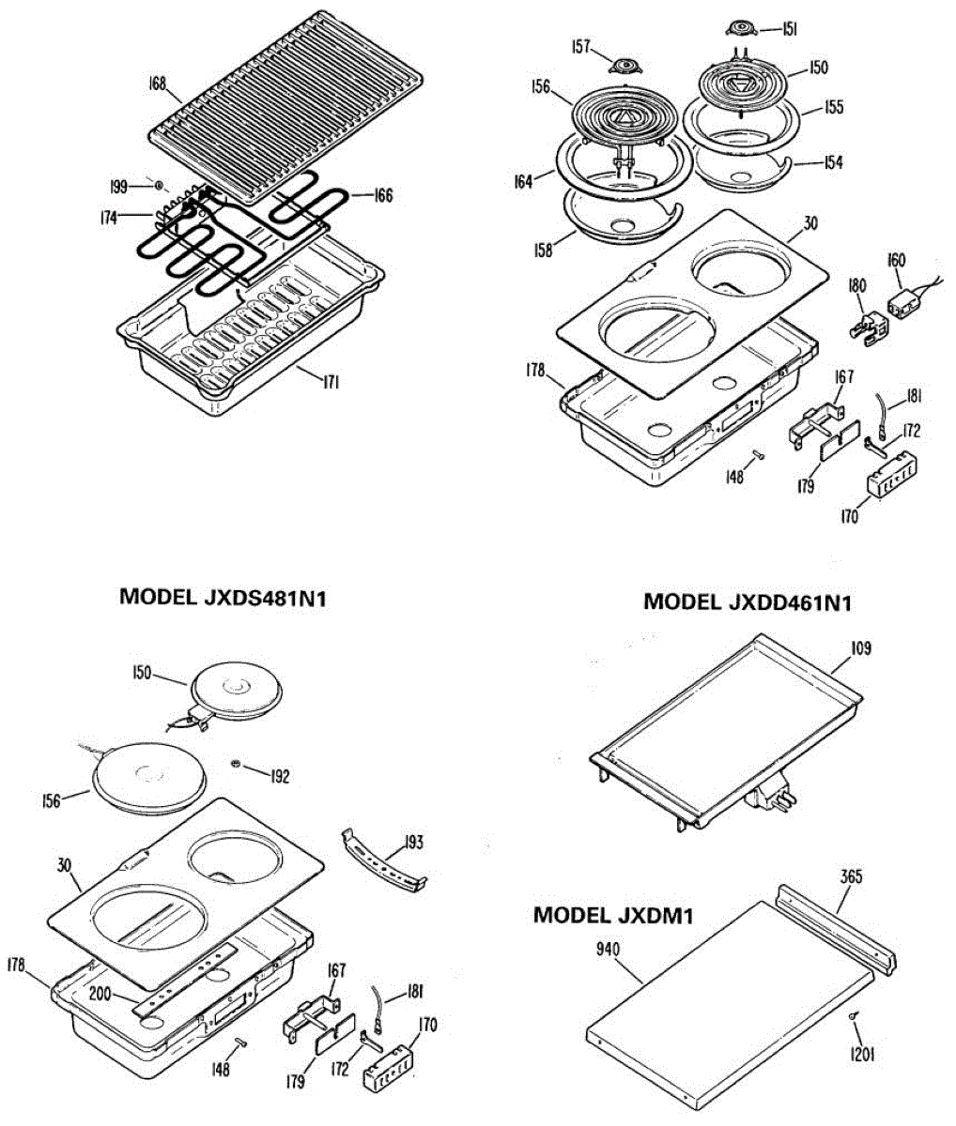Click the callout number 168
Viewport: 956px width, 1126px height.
point(157,84)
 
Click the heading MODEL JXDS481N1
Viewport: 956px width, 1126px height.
point(223,597)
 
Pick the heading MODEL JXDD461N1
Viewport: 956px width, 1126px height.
point(747,601)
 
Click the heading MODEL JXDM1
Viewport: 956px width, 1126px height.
point(613,915)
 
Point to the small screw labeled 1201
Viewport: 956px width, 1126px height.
point(851,1017)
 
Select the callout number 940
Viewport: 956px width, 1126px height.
point(608,949)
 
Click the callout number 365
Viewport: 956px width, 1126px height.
point(851,877)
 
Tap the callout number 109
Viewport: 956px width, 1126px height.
point(860,648)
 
